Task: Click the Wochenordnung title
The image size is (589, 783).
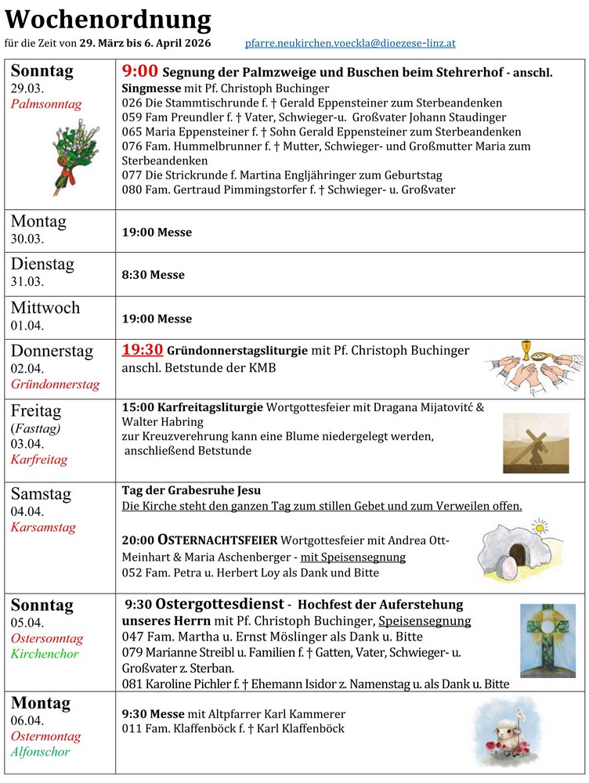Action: coord(108,20)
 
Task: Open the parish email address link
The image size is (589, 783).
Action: coord(349,44)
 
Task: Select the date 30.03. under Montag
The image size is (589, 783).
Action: coord(27,239)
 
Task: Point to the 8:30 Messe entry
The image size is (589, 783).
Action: coord(154,275)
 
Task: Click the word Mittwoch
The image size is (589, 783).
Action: coord(45,308)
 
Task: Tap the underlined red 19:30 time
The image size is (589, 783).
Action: coord(142,350)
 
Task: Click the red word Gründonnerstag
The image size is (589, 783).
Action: coord(56,384)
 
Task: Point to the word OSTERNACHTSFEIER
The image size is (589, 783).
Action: coord(219,540)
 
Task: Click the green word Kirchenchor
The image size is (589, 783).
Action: coord(45,654)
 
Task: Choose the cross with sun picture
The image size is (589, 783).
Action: coord(547,640)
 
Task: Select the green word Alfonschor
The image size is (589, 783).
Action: coord(41,752)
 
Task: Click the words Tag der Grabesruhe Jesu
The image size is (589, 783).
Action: coord(191,490)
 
